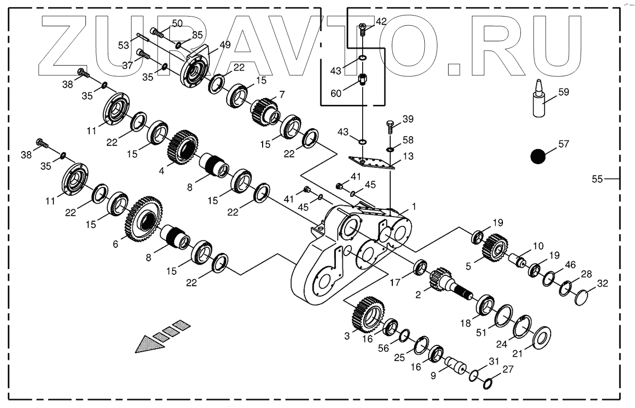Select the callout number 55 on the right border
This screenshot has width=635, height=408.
pyautogui.click(x=597, y=179)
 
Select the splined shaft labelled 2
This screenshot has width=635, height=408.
pyautogui.click(x=447, y=284)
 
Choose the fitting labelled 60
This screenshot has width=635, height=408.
pyautogui.click(x=363, y=79)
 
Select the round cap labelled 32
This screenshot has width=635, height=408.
pyautogui.click(x=581, y=296)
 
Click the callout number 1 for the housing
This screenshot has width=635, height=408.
pyautogui.click(x=414, y=206)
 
